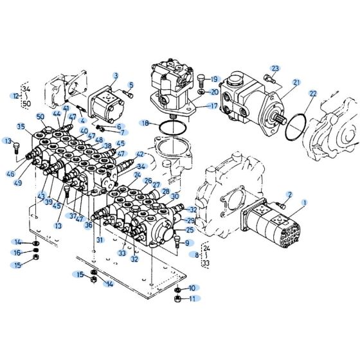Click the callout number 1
(x=304, y=203)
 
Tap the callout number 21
(x=296, y=82)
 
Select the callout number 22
(x=312, y=94)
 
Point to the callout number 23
(x=275, y=69)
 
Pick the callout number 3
(x=116, y=76)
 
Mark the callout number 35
(x=21, y=127)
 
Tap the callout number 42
(x=139, y=155)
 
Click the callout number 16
(x=19, y=253)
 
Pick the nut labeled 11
(x=177, y=298)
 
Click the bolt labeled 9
(x=174, y=244)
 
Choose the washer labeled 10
(x=177, y=289)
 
